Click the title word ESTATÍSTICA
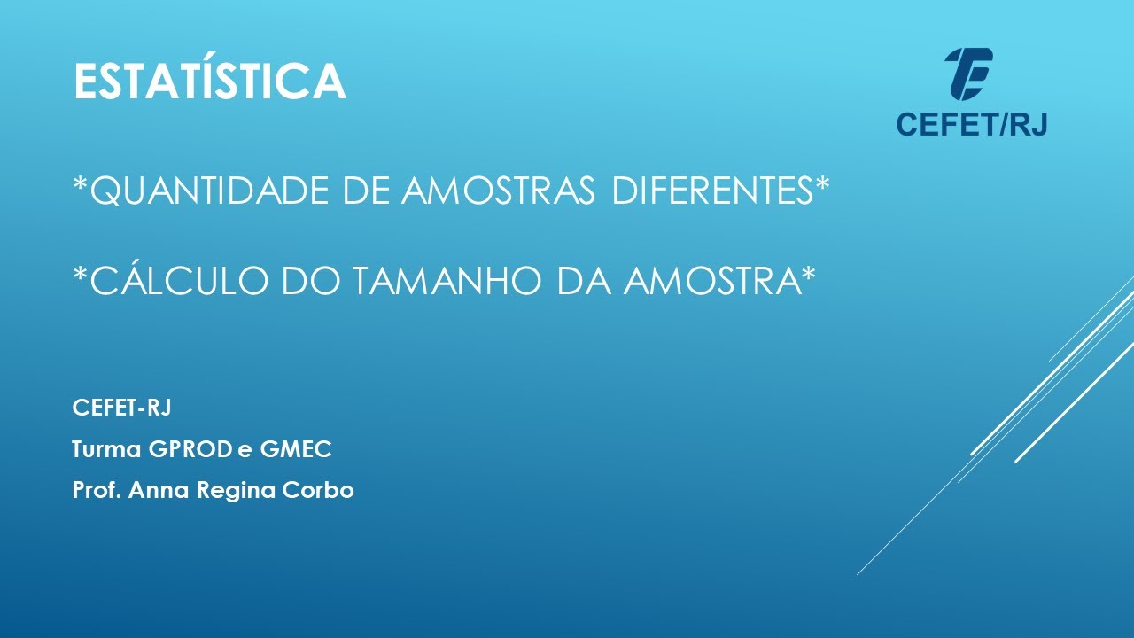coord(209,81)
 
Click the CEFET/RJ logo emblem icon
coord(969,74)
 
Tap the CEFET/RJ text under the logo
coord(971,125)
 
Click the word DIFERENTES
coord(712,191)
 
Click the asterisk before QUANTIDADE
coord(81,185)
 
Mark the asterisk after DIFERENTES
coord(823,185)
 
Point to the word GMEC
coord(296,449)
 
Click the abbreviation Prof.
coord(97,490)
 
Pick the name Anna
coord(155,490)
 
